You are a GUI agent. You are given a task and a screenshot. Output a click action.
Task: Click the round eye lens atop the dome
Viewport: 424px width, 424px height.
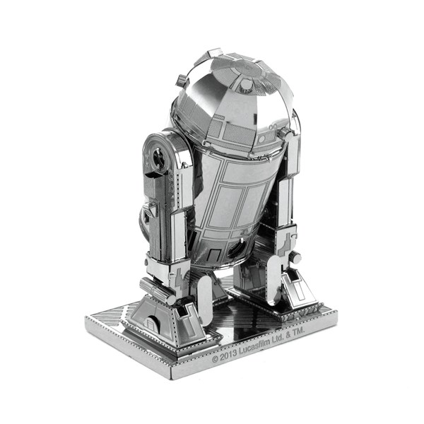coord(246,85)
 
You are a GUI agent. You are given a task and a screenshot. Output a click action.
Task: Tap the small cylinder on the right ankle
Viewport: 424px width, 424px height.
coord(295,259)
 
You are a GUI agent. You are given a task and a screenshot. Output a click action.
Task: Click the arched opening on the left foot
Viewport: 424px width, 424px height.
coord(151,326)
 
